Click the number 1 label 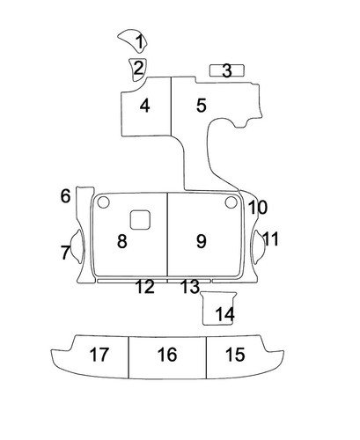(140, 41)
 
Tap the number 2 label (138, 68)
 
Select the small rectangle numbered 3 (226, 70)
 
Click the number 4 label (145, 106)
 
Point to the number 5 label (202, 106)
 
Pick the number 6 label (65, 196)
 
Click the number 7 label (65, 253)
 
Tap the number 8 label (122, 241)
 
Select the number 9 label (202, 241)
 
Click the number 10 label (258, 208)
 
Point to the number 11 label (270, 238)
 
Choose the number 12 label (145, 287)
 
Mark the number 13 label (190, 287)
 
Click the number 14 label (225, 314)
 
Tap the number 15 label (235, 355)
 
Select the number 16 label (167, 355)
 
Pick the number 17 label (99, 355)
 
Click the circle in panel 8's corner (103, 202)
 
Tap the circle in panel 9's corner (231, 202)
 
